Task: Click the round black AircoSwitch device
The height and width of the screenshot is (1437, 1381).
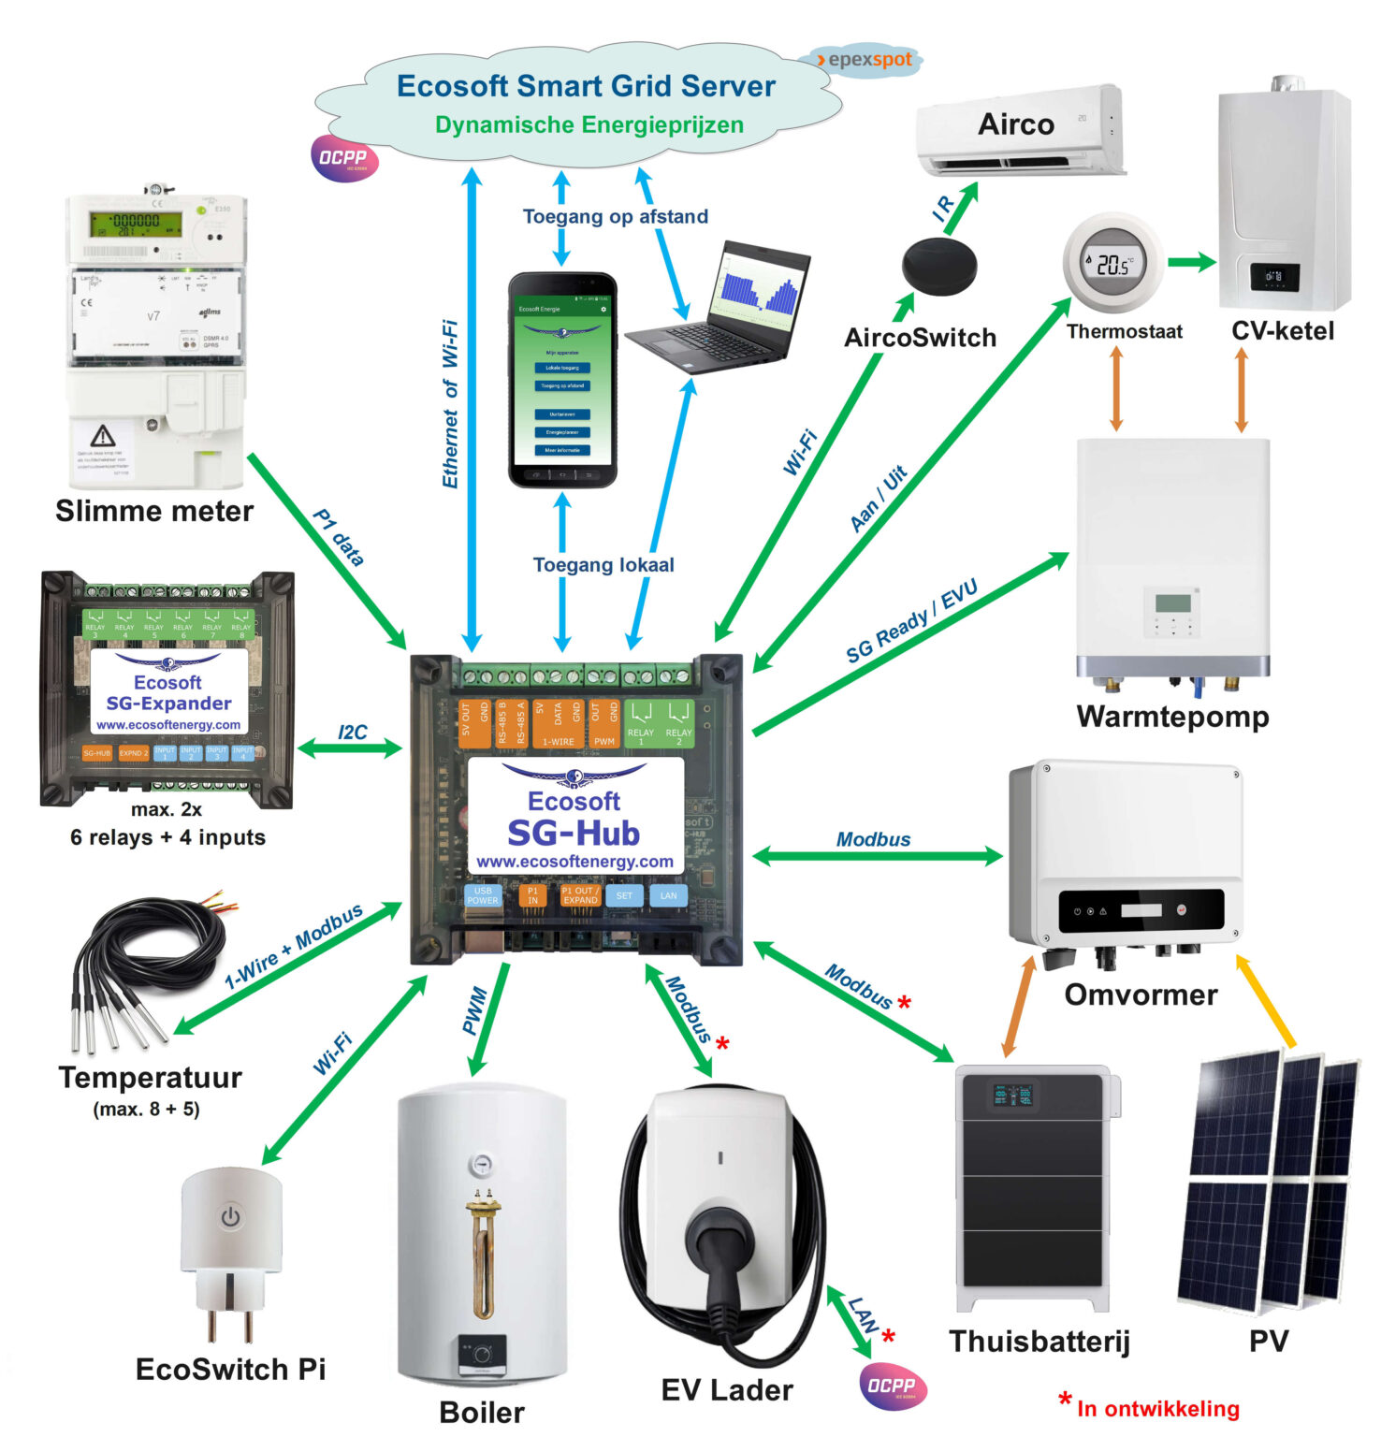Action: click(x=938, y=265)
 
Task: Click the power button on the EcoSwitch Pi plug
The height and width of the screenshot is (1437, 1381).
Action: click(x=230, y=1217)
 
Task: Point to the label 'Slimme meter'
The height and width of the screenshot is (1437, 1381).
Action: click(x=154, y=512)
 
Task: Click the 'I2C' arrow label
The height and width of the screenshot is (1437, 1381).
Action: click(x=352, y=732)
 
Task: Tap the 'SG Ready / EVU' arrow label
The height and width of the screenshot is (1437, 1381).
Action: click(x=911, y=620)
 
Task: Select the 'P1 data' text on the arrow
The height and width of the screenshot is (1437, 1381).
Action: click(x=339, y=537)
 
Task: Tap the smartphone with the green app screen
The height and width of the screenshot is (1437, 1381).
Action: click(x=562, y=381)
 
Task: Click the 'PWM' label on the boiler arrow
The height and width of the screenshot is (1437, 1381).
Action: click(x=475, y=1010)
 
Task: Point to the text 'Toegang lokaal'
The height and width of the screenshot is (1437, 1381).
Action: click(x=603, y=565)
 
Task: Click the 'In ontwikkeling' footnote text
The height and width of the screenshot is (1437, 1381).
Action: click(x=1157, y=1409)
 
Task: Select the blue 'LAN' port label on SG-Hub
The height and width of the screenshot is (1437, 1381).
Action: click(x=668, y=895)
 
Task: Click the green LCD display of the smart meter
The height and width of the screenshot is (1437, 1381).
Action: click(x=136, y=224)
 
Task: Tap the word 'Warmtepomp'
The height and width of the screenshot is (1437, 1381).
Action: click(x=1172, y=717)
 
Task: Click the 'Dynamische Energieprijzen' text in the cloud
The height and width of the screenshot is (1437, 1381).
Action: click(x=589, y=125)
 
